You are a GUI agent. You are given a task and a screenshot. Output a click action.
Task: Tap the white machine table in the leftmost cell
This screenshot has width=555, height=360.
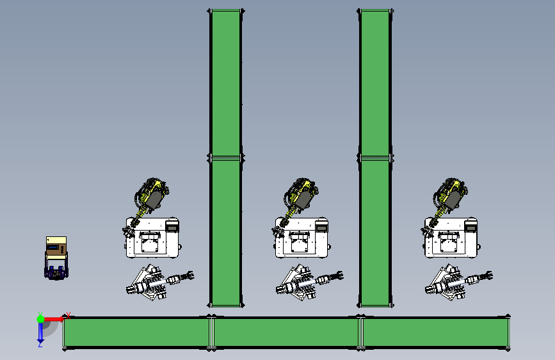(152, 238)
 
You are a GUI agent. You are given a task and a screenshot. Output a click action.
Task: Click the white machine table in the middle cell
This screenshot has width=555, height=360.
(302, 238)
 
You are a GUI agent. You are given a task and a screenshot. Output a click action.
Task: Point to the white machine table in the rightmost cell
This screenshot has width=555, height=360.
(451, 238)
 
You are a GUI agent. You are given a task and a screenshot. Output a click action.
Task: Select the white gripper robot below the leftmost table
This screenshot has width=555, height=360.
(159, 282)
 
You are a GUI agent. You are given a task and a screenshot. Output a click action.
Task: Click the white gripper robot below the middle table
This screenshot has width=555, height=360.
(309, 282)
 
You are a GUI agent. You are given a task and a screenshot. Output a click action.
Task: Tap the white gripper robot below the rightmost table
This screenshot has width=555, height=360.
(458, 282)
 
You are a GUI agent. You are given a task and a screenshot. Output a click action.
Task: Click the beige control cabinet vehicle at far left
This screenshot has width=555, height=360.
(56, 258)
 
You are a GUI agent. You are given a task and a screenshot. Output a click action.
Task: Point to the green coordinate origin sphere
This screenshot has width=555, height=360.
(41, 319)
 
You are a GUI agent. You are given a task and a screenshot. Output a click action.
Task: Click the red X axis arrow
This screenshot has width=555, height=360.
(54, 319)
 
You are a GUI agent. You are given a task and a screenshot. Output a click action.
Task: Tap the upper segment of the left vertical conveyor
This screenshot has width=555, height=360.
(225, 83)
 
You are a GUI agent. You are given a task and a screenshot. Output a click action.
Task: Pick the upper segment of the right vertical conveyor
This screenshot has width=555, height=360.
(375, 83)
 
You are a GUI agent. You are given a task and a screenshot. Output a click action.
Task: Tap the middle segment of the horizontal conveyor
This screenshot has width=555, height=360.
(286, 332)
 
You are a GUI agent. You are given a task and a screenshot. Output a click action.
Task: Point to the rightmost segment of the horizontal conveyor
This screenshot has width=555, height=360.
(435, 332)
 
